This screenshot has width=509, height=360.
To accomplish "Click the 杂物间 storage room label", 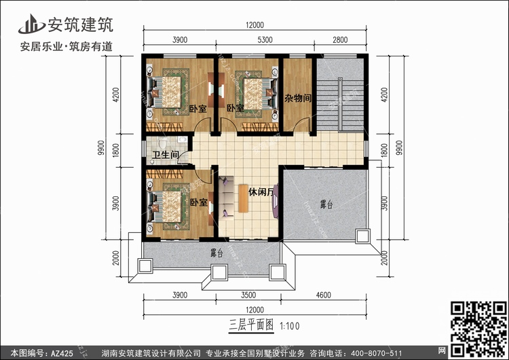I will [x=298, y=98].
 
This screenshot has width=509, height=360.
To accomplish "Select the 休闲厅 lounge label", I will [x=261, y=192].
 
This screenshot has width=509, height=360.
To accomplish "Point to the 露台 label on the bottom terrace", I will [x=216, y=253].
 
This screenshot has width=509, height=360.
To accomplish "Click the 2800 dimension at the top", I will [x=340, y=41].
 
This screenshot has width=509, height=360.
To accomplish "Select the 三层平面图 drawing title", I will [x=251, y=325].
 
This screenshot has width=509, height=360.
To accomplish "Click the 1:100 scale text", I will [x=288, y=325].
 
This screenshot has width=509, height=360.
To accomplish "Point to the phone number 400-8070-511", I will [x=381, y=353].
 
